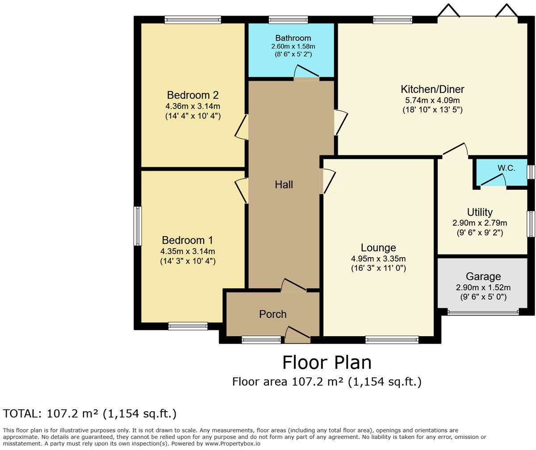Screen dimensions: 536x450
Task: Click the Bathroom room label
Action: click(x=293, y=38)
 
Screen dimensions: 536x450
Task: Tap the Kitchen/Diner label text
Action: click(x=432, y=89)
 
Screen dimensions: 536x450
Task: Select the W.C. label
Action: click(x=506, y=168)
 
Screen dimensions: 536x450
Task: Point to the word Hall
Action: click(x=284, y=185)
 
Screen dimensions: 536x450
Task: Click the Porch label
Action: click(x=272, y=314)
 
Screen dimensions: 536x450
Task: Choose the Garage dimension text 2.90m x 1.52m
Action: click(x=483, y=287)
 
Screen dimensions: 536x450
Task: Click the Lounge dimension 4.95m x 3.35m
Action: click(x=378, y=258)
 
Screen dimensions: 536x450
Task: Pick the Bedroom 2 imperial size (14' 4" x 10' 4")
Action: click(x=193, y=116)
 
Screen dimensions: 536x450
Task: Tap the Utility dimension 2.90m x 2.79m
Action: click(x=480, y=223)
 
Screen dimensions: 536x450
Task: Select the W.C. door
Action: click(x=493, y=179)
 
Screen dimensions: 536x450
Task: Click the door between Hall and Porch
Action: click(x=293, y=285)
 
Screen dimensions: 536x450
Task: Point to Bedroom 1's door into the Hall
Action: click(x=241, y=191)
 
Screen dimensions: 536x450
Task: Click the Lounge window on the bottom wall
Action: click(x=392, y=340)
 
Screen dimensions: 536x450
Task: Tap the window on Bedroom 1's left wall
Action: click(x=138, y=226)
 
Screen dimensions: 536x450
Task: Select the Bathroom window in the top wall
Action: click(x=288, y=20)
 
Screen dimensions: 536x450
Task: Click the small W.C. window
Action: click(x=531, y=172)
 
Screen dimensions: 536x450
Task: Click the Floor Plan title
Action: click(x=327, y=362)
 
